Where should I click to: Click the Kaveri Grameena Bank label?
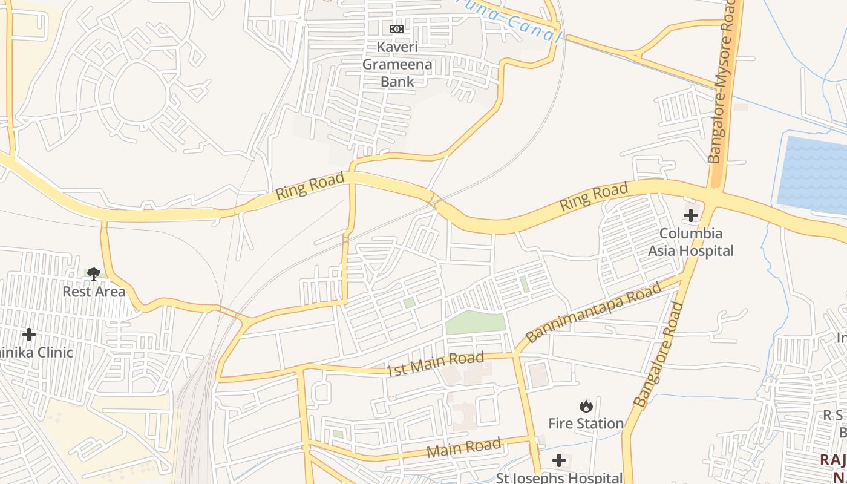(396, 64)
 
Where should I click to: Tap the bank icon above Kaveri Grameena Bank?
(396, 29)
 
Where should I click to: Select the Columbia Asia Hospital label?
(690, 242)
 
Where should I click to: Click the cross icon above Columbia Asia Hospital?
(690, 215)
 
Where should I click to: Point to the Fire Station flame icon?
(586, 406)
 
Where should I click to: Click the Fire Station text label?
(586, 423)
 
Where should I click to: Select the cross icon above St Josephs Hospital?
(559, 461)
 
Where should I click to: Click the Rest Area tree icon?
(93, 274)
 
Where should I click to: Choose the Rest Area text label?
(94, 292)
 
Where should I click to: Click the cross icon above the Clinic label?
(28, 335)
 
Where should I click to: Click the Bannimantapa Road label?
(594, 313)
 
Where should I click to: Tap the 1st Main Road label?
(436, 364)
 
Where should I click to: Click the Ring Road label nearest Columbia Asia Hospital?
(594, 198)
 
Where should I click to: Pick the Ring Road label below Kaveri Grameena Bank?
(310, 186)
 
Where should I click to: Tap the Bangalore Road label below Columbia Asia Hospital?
(659, 355)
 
